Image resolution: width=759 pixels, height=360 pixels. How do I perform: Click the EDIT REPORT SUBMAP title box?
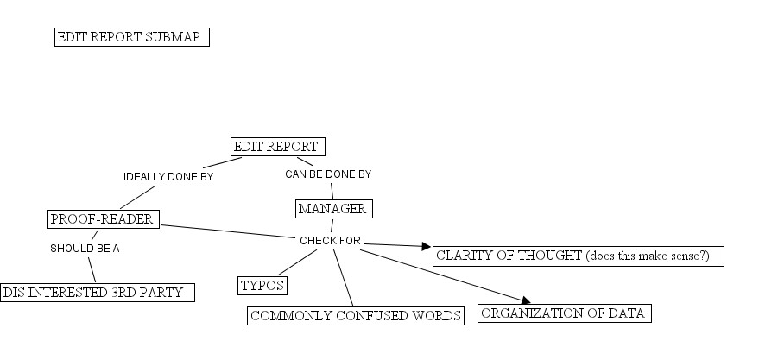point(132,37)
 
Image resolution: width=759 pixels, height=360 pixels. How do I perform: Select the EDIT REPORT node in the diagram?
point(277,147)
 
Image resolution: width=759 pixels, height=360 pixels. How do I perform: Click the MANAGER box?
point(332,209)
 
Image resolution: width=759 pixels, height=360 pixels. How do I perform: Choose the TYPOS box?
point(262,285)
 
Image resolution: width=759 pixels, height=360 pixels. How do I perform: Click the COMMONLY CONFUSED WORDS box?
point(356,316)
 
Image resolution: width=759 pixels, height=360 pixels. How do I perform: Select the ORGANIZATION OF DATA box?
point(563,313)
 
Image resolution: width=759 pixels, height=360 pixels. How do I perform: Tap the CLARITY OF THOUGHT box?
point(576,256)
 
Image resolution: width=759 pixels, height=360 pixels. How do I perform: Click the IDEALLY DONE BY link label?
point(168,177)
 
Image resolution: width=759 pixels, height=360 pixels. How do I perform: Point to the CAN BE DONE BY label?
point(328,174)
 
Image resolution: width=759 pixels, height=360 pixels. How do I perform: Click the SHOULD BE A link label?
point(85,248)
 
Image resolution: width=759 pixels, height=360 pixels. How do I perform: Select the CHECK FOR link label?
point(330,241)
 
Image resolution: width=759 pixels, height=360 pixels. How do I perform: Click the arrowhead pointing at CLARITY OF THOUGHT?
point(425,247)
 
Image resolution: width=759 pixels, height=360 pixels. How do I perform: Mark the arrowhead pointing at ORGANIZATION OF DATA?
point(523,301)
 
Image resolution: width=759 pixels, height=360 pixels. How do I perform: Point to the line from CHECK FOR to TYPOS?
point(296,262)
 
